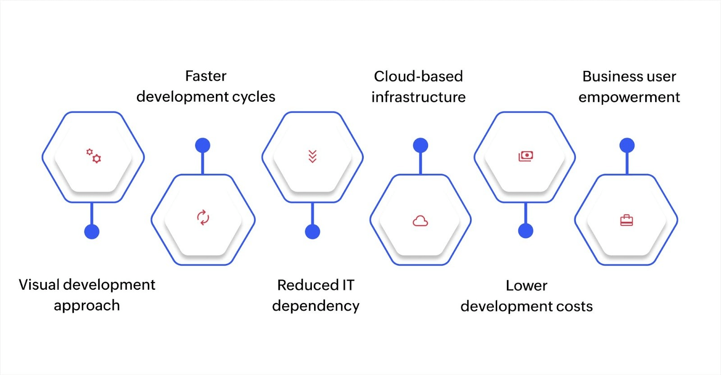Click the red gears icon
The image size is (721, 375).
(x=94, y=156)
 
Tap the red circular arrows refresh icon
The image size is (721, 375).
(x=203, y=218)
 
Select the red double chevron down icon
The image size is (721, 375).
(x=312, y=156)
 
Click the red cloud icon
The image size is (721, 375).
(x=420, y=221)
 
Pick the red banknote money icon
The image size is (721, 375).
(x=526, y=156)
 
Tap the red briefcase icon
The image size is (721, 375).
(x=626, y=220)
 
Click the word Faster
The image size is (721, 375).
(x=205, y=76)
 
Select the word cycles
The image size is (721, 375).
(x=254, y=97)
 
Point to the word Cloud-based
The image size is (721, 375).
(x=418, y=76)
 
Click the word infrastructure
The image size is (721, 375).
(x=418, y=97)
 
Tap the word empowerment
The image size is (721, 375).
(x=629, y=97)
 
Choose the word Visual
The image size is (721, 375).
(x=39, y=285)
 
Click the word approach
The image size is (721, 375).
(x=87, y=306)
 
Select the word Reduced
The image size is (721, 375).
(x=308, y=285)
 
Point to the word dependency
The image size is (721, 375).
(x=315, y=306)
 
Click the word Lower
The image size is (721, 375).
(x=526, y=286)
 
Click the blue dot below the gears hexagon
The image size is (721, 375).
(x=92, y=231)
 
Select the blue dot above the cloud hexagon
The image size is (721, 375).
(x=420, y=145)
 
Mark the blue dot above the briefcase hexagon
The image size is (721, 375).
(x=627, y=145)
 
